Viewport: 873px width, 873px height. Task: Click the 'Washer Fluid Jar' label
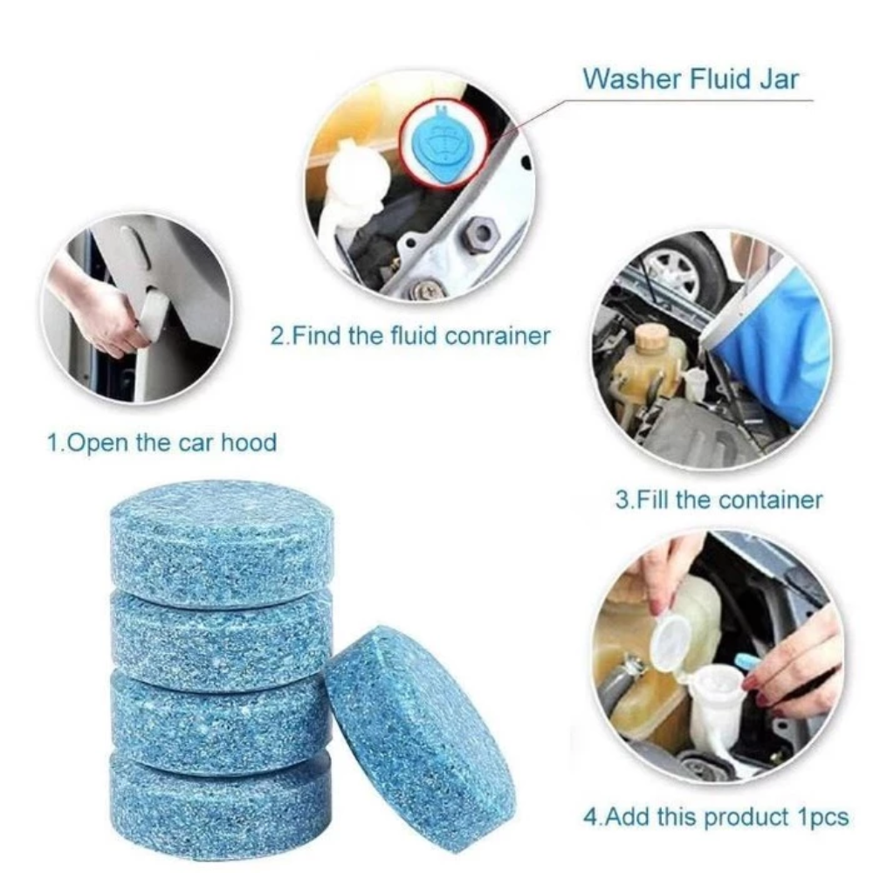(691, 79)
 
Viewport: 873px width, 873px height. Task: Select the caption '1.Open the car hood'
(162, 443)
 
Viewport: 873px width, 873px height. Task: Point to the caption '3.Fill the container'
(718, 499)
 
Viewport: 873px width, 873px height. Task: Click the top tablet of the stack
(222, 543)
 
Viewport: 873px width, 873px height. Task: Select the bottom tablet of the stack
(220, 808)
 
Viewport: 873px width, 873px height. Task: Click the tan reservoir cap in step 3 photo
(651, 337)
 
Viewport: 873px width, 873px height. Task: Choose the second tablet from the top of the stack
(222, 640)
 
